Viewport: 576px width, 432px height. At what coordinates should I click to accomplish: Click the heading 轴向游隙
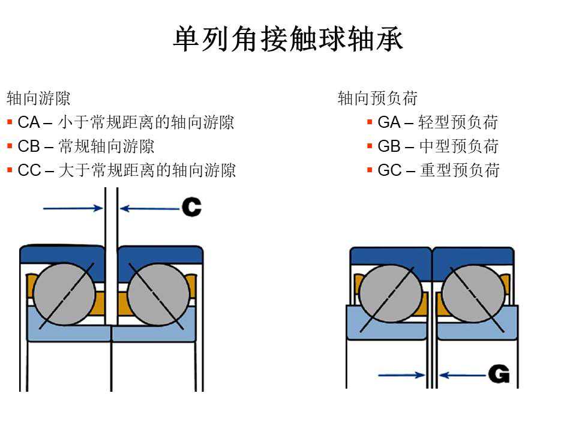[x=38, y=98]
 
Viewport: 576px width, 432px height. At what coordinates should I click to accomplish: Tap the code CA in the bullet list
[x=28, y=123]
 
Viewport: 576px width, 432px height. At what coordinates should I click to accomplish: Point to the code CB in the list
[x=28, y=146]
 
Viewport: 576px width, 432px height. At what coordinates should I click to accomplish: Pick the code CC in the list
[x=29, y=170]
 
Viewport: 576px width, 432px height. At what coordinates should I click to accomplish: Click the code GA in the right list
[x=389, y=123]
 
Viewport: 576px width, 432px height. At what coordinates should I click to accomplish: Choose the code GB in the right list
[x=389, y=146]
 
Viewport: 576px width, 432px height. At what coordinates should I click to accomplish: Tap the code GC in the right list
[x=389, y=170]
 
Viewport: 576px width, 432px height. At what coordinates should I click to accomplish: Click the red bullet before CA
[x=10, y=123]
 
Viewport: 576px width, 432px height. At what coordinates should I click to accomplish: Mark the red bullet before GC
[x=370, y=170]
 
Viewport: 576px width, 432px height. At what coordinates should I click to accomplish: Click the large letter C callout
[x=191, y=208]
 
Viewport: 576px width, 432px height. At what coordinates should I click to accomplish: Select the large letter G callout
[x=499, y=374]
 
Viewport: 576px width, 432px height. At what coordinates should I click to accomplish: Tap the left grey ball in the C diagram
[x=64, y=294]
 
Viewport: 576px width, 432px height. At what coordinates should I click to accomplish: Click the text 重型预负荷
[x=460, y=170]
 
